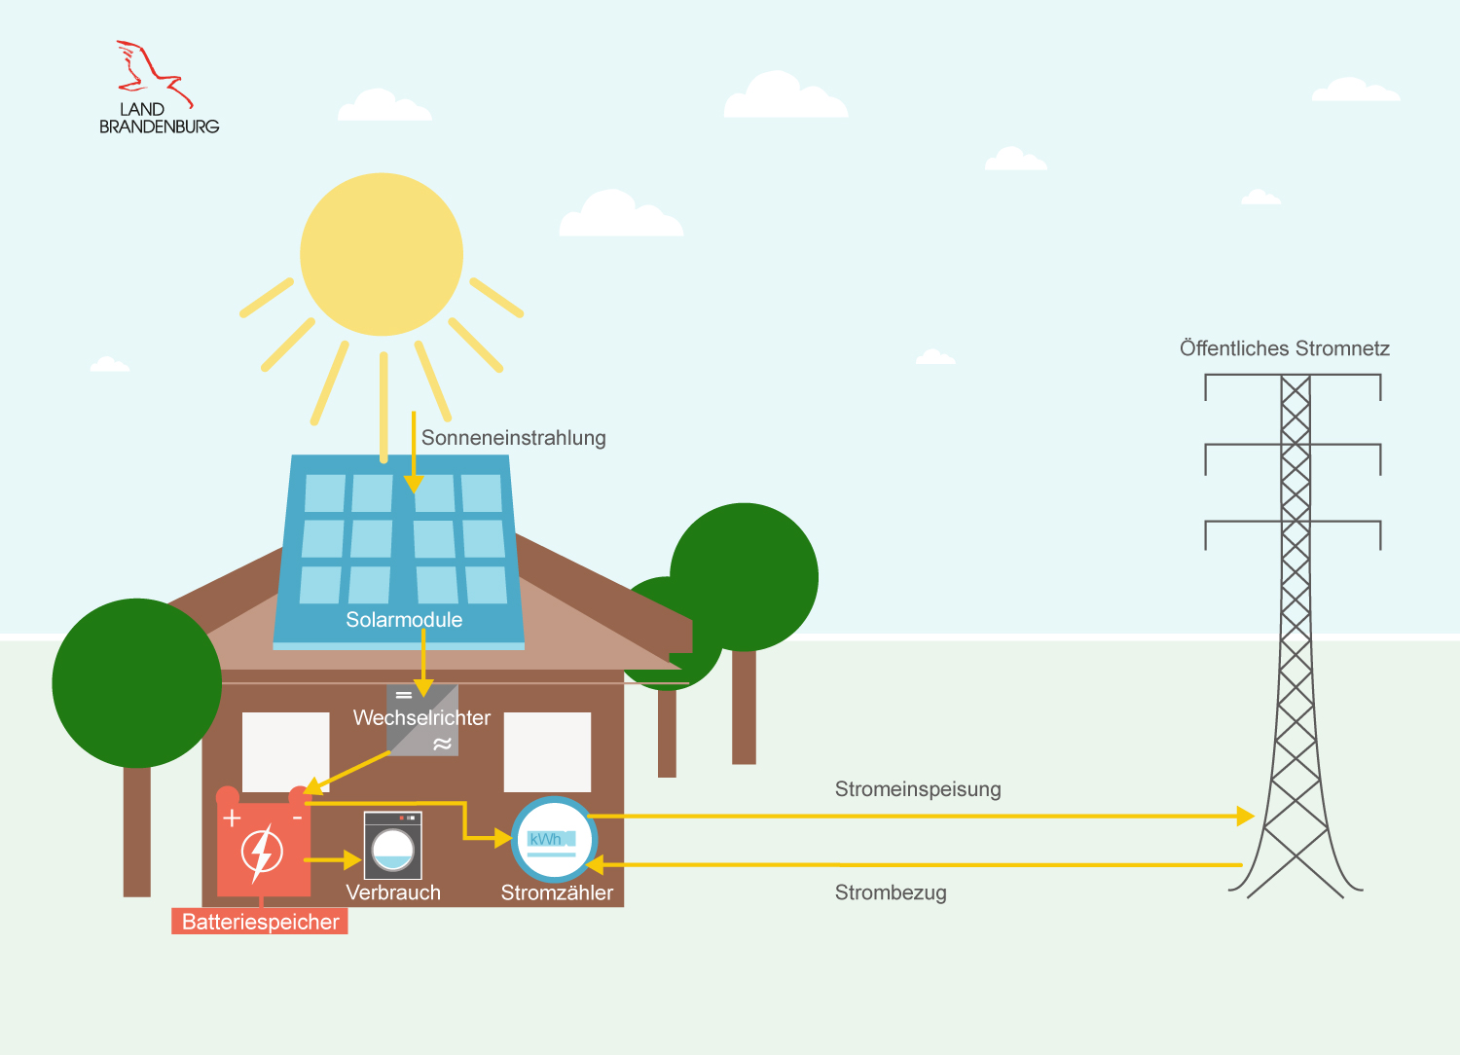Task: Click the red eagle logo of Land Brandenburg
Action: coord(153,71)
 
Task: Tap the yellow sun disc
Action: coord(382,254)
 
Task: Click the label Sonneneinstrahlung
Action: coord(513,438)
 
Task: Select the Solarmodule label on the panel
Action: coord(404,620)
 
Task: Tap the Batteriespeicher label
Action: coord(260,922)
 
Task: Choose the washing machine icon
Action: coord(392,846)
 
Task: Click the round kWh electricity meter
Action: coord(553,840)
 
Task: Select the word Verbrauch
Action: coord(393,892)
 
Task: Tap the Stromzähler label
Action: coord(557,892)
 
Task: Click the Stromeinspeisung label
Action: coord(918,789)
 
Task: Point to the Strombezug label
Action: coord(891,892)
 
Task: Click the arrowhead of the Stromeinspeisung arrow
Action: coord(1245,816)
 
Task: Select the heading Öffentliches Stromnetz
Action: coord(1284,348)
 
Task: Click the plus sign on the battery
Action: coord(232,818)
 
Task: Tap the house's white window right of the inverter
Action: coord(547,751)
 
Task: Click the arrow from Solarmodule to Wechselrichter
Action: coord(423,662)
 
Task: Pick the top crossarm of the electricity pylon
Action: coord(1293,376)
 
